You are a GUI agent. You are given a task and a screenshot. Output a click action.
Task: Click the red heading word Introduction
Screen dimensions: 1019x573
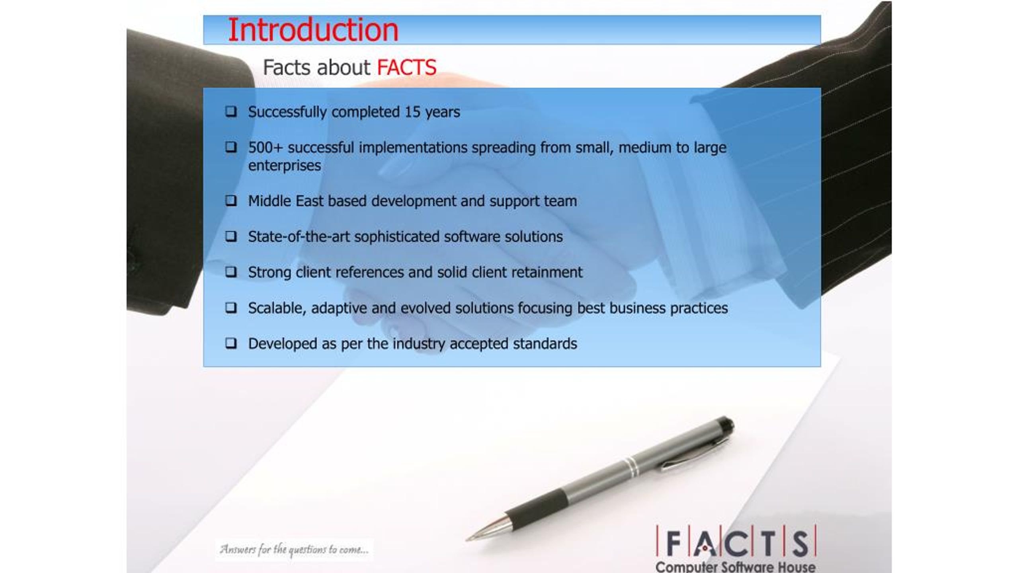point(313,30)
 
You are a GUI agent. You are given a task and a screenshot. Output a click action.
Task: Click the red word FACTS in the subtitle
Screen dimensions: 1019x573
point(406,67)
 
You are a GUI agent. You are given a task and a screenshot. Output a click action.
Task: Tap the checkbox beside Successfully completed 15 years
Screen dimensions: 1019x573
point(231,111)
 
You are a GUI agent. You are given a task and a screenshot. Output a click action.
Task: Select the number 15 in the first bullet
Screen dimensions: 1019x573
point(412,112)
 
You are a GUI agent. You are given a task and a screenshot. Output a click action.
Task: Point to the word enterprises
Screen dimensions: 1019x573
point(284,166)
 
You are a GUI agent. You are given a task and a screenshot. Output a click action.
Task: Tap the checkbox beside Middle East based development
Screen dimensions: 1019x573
point(231,201)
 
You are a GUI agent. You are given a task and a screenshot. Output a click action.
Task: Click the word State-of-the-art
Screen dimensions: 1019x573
point(299,237)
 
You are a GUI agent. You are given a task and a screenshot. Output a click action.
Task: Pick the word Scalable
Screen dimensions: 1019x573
point(277,308)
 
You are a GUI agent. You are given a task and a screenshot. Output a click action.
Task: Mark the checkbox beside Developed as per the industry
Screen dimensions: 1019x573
point(231,343)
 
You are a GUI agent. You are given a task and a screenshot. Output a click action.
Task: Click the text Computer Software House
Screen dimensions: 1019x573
point(735,567)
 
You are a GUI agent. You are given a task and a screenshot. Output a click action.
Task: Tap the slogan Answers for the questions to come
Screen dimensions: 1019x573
point(294,550)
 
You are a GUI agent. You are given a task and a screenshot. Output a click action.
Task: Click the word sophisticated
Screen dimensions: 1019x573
point(397,237)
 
